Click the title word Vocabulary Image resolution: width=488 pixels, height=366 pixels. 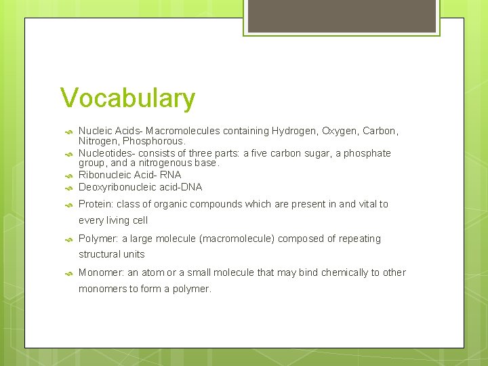(x=127, y=99)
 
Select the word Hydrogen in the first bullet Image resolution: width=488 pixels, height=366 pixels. (x=293, y=130)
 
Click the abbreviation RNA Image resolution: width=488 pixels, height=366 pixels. (x=171, y=175)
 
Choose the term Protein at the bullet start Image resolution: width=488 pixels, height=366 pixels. (x=96, y=204)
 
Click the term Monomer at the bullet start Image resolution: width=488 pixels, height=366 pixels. (x=100, y=272)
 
